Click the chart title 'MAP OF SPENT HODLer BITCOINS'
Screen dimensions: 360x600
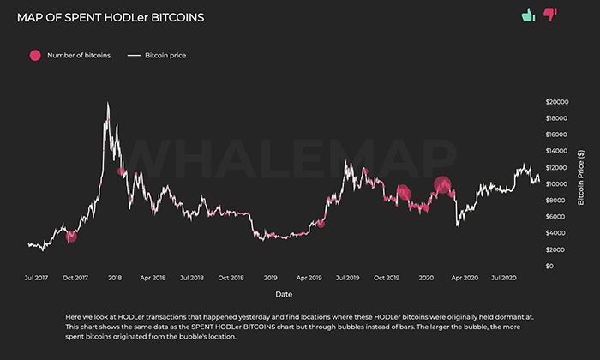click(x=111, y=17)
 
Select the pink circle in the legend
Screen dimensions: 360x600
click(x=35, y=55)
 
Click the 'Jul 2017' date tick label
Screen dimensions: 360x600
click(x=37, y=278)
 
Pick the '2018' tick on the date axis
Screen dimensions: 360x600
click(x=115, y=278)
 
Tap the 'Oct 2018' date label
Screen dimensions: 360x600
click(x=231, y=278)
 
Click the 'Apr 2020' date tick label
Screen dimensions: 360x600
click(x=465, y=278)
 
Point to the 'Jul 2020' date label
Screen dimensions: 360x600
click(x=503, y=278)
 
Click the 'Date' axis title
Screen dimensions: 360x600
click(x=284, y=293)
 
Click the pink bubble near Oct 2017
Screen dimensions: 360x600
click(x=71, y=236)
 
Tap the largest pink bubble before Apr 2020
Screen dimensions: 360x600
click(x=442, y=184)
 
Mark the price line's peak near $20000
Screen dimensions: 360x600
click(x=107, y=104)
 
